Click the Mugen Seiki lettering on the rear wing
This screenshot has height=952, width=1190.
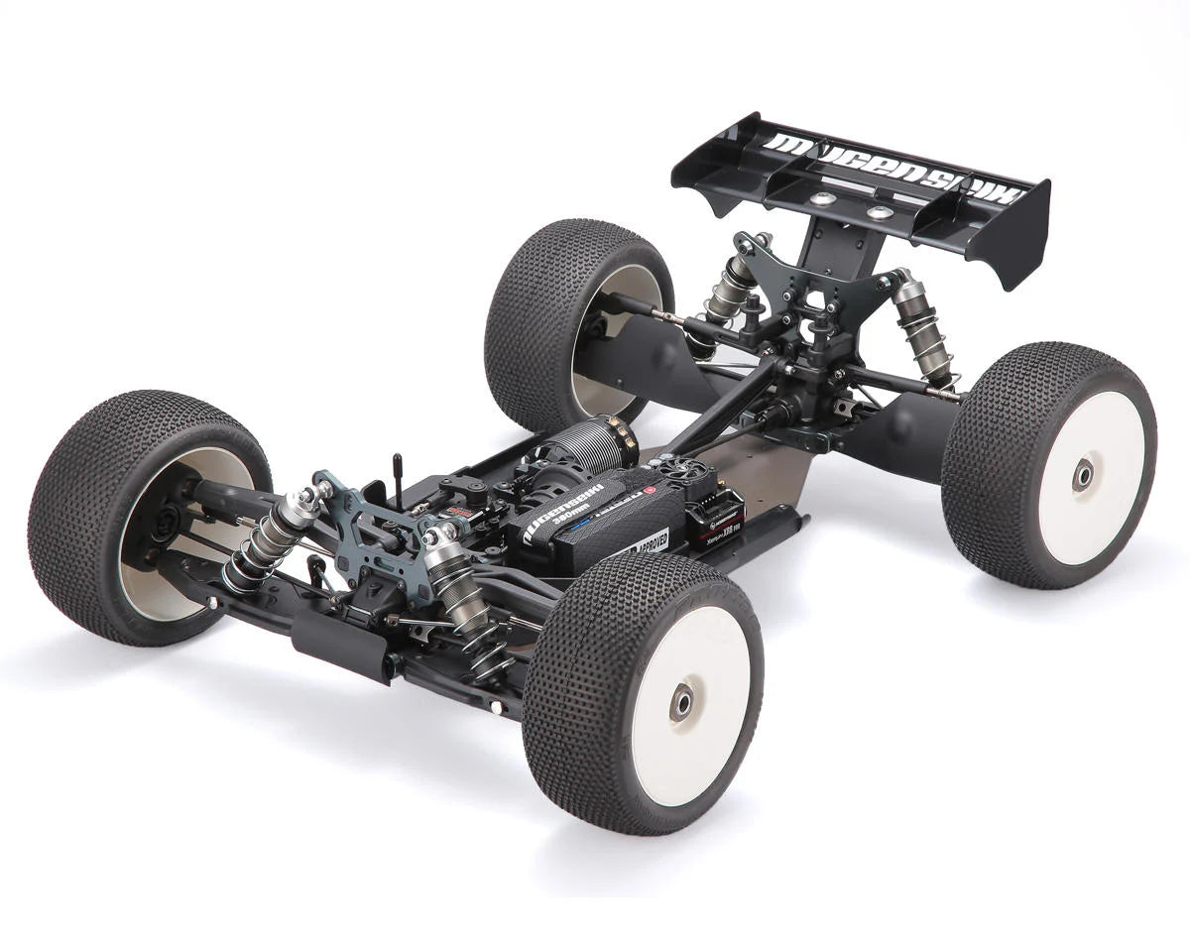tap(892, 166)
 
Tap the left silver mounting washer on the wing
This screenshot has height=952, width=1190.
tap(821, 199)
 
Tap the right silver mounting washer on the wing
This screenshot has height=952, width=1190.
tap(879, 212)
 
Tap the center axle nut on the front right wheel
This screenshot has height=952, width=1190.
tap(682, 702)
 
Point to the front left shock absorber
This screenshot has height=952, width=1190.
tap(268, 540)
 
